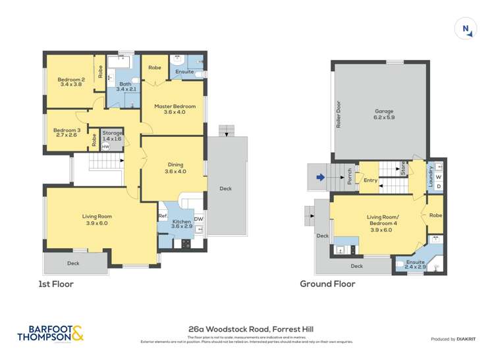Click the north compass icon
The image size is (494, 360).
pyautogui.click(x=466, y=28)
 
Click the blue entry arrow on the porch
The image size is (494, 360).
pyautogui.click(x=320, y=177)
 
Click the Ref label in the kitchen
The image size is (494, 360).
pyautogui.click(x=162, y=215)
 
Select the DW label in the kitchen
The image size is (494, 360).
pyautogui.click(x=198, y=219)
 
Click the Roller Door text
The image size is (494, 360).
pyautogui.click(x=339, y=115)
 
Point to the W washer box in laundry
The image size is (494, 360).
pyautogui.click(x=439, y=176)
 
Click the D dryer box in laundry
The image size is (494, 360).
pyautogui.click(x=439, y=186)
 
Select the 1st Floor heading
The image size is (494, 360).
pyautogui.click(x=56, y=284)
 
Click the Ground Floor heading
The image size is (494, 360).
pyautogui.click(x=327, y=284)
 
